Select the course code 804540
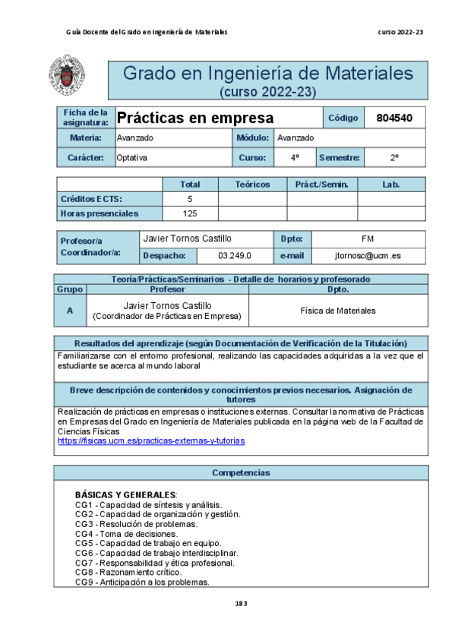(x=395, y=118)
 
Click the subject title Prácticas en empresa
(x=195, y=118)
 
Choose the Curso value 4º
(x=294, y=158)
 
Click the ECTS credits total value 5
(x=190, y=199)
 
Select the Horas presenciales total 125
(x=190, y=213)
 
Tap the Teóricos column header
(x=252, y=185)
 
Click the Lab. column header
(x=391, y=185)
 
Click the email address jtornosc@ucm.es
(x=368, y=256)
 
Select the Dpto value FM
(x=368, y=238)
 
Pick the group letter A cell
(x=70, y=311)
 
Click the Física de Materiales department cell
(x=337, y=311)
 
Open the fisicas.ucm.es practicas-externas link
(x=151, y=440)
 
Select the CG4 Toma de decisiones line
(x=126, y=534)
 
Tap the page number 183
(x=242, y=604)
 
